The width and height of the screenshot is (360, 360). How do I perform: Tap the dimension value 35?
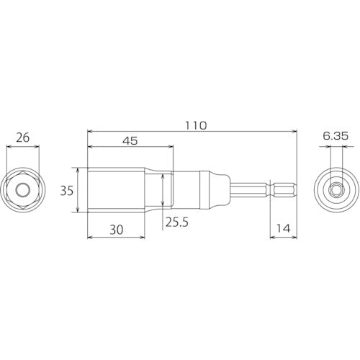point(66,191)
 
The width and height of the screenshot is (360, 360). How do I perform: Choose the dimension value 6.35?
point(336,135)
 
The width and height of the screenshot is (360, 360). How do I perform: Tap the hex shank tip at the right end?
point(284,191)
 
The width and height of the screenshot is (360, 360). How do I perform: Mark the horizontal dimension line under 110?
point(192,132)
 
